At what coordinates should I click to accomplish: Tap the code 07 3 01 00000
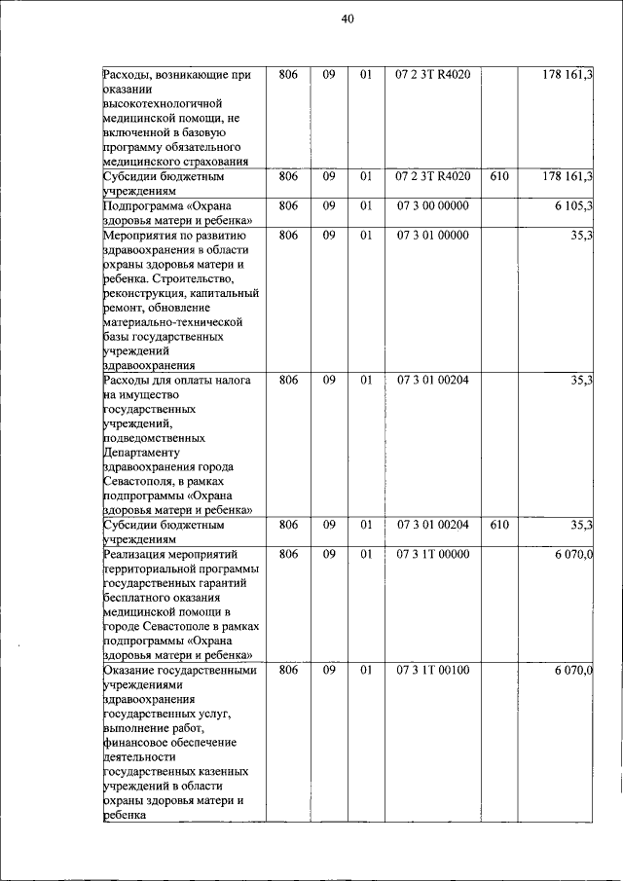[432, 235]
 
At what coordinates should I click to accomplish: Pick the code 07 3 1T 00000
[432, 554]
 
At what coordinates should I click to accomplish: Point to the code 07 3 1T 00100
[432, 671]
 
